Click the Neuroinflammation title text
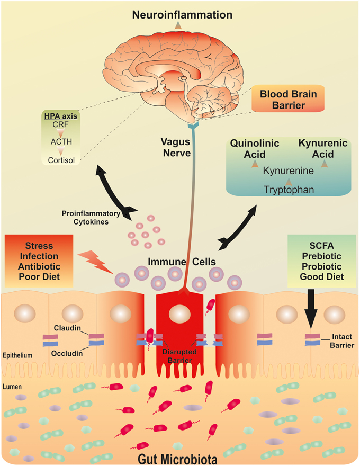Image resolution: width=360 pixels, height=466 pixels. [182, 15]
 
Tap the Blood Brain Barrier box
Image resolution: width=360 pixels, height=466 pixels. [288, 99]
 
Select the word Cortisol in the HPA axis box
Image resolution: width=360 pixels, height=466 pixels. [61, 160]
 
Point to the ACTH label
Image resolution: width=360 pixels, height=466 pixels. [61, 142]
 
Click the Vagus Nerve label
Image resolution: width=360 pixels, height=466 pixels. [176, 147]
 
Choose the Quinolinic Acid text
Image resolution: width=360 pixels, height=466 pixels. [255, 149]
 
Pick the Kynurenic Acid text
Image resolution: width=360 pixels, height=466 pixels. [323, 149]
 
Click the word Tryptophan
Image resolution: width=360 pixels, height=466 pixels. [289, 190]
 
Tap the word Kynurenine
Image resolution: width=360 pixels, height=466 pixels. [289, 171]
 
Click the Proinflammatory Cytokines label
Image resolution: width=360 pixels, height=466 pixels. [91, 218]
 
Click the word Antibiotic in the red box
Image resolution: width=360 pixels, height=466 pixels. [39, 266]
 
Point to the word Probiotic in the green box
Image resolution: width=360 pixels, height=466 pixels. [322, 266]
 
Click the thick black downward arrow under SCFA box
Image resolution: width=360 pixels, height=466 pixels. [311, 309]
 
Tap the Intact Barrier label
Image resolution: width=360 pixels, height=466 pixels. [342, 341]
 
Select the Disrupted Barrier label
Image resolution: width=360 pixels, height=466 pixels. [179, 356]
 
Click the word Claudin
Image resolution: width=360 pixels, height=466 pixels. [67, 328]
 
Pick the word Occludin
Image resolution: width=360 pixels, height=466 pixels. [67, 353]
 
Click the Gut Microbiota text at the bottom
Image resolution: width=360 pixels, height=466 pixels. [177, 459]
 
